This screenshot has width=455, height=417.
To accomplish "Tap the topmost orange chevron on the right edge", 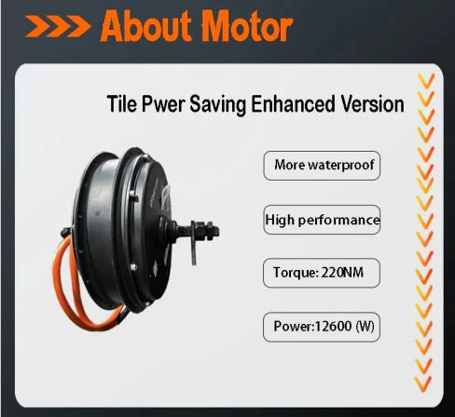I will [425, 80].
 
